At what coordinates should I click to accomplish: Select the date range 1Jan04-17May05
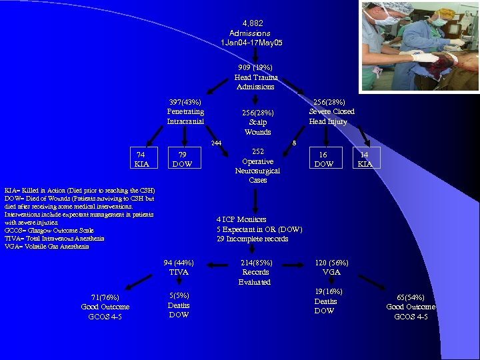(251, 43)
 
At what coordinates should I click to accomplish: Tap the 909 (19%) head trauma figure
(255, 68)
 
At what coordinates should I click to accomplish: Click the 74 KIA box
(141, 159)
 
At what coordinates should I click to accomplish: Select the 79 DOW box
(182, 159)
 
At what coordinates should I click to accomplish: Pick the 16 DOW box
(323, 159)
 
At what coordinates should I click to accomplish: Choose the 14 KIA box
(365, 159)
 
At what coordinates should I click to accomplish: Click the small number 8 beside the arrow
(294, 143)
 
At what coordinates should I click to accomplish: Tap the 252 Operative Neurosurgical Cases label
(257, 166)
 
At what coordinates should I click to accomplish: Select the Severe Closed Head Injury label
(331, 111)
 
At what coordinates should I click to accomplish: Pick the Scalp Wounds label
(257, 122)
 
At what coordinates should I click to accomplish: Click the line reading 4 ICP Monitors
(241, 219)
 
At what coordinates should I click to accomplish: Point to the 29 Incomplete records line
(252, 239)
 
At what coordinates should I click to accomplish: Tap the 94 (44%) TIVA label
(179, 267)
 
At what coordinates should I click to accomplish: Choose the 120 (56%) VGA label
(331, 267)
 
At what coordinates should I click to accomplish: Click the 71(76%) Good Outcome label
(105, 307)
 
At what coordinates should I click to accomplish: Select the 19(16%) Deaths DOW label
(325, 301)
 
